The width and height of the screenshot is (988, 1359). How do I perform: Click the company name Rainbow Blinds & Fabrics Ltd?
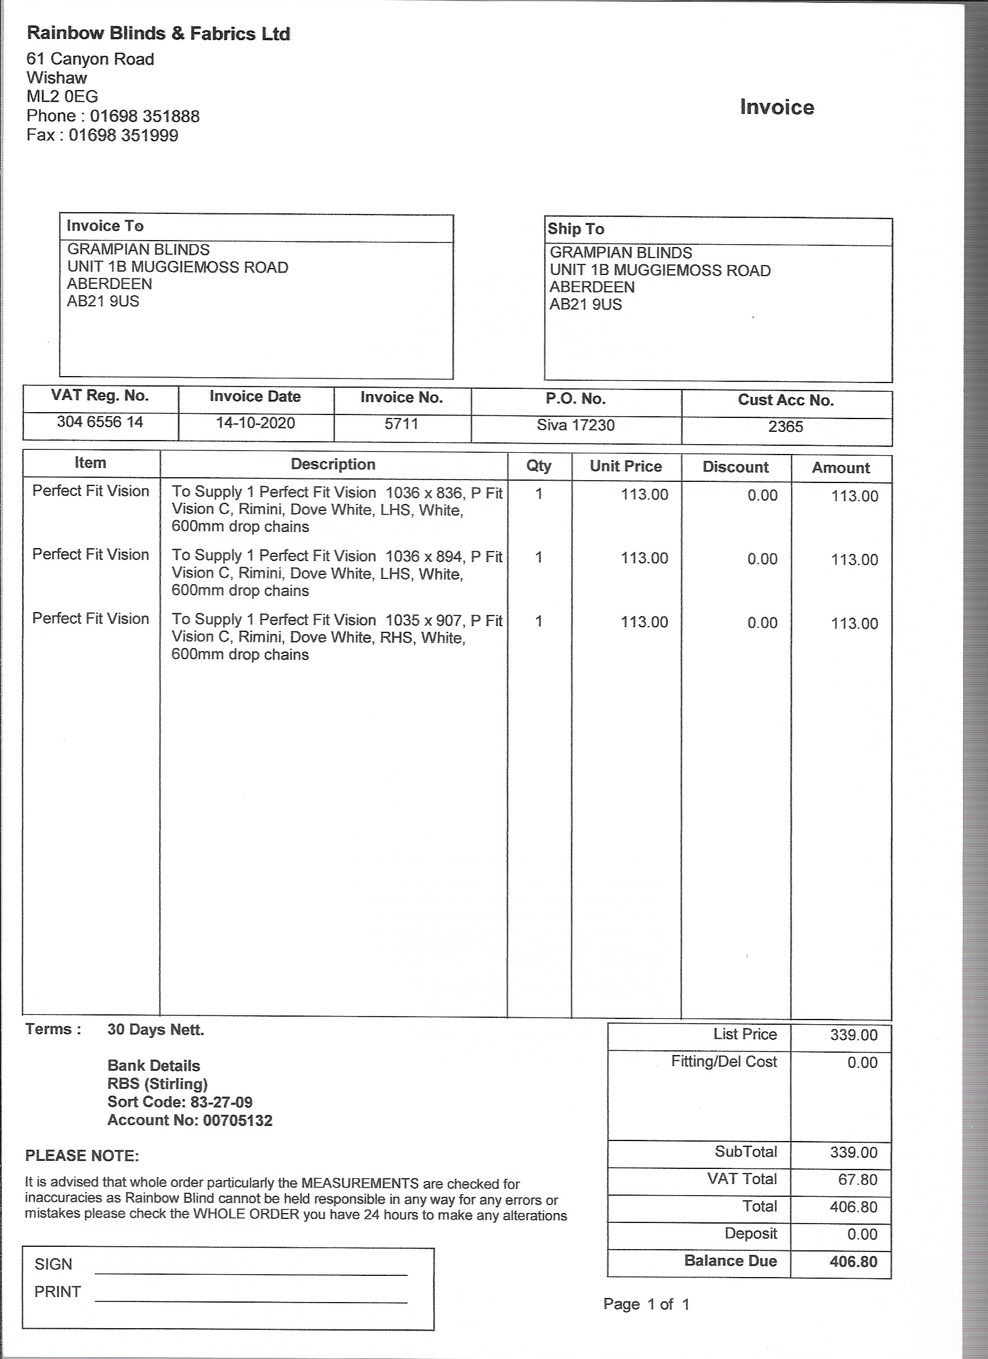point(159,34)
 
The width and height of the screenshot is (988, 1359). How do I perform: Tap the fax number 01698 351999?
point(123,135)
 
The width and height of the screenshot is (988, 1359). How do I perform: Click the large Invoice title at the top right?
point(776,108)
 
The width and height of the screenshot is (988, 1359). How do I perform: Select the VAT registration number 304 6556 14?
point(100,422)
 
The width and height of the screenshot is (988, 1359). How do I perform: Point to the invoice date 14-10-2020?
point(255,423)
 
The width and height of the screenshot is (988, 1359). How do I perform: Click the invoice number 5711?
point(402,424)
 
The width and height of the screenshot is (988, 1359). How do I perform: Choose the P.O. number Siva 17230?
point(575,425)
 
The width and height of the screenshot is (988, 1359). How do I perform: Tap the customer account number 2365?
point(786,427)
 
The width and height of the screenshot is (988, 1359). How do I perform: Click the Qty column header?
point(539,466)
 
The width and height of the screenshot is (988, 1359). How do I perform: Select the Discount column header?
point(735,467)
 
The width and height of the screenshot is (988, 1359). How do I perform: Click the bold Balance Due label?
point(731,1261)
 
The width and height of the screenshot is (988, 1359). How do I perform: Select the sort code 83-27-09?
point(221,1102)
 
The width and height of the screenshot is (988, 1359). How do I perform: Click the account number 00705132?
point(238,1121)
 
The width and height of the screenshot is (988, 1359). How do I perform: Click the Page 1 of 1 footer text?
point(646,1304)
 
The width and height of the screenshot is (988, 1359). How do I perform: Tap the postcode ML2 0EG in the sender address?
point(62,96)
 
